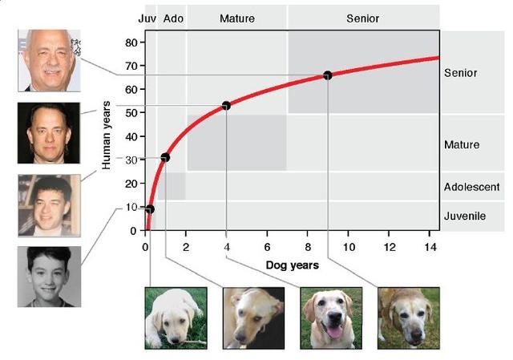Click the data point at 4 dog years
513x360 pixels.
pos(227,105)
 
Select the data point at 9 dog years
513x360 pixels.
pos(328,75)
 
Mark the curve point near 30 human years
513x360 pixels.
pos(165,157)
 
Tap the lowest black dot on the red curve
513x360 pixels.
pos(149,209)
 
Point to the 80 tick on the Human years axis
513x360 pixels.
pos(131,42)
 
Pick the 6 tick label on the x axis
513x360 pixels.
pos(267,245)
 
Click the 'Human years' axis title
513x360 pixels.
pos(107,136)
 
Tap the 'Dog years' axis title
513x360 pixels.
pos(292,265)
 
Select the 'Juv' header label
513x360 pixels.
pos(147,18)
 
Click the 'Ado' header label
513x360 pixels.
pos(172,18)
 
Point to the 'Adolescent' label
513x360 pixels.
pos(471,187)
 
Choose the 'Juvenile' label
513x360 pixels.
pos(466,216)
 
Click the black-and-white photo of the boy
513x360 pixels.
pos(48,277)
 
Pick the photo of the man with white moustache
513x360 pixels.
pos(48,60)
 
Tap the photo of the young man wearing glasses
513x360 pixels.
pos(48,204)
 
